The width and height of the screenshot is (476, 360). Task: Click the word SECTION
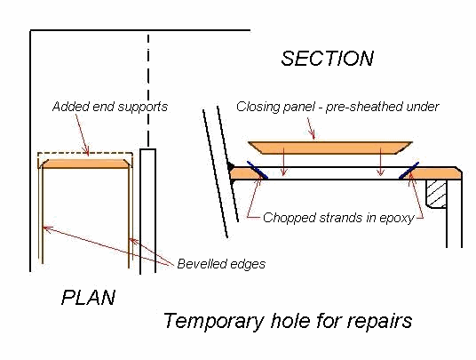[x=327, y=59]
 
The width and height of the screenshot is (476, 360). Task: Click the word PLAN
[x=88, y=298]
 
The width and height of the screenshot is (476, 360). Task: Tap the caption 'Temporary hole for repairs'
[x=288, y=321]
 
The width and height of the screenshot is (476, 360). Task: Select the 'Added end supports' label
[x=110, y=107]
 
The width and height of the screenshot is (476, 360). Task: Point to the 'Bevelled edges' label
[x=221, y=264]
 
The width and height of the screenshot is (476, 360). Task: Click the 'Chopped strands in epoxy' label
[x=338, y=218]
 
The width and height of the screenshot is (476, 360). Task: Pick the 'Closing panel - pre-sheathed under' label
[x=337, y=107]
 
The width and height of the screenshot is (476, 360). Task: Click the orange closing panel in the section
[x=330, y=148]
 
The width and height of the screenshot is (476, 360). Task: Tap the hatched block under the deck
[x=436, y=194]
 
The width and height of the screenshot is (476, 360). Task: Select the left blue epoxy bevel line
[x=258, y=170]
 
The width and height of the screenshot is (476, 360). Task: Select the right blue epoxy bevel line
[x=409, y=170]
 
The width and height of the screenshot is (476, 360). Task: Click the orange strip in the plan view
[x=85, y=164]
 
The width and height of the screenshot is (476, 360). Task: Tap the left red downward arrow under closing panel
[x=284, y=162]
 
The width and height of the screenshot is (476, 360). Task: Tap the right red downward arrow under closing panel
[x=380, y=162]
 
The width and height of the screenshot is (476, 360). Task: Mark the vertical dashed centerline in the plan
[x=148, y=91]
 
